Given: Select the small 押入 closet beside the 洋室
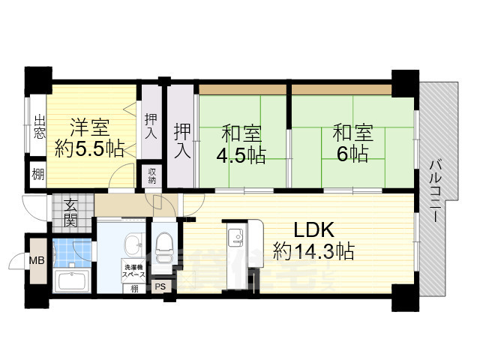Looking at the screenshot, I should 151,126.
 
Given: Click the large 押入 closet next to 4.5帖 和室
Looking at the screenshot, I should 181,139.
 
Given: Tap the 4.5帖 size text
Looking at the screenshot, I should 241,155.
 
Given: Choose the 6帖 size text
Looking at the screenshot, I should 352,155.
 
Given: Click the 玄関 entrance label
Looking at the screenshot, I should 70,213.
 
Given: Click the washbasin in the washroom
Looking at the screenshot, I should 134,243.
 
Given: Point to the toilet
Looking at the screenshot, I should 163,244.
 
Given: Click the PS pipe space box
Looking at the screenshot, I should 160,286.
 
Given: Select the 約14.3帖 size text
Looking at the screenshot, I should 313,250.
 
